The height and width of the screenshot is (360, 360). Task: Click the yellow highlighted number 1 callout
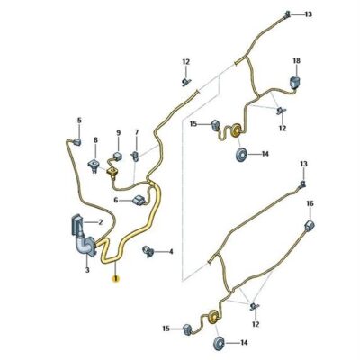point(115,279)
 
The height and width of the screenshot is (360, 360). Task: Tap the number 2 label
point(101,222)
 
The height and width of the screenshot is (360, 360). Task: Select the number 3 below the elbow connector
point(87,270)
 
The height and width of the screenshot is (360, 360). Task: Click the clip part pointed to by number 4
point(148,251)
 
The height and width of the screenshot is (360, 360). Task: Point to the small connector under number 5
point(76,142)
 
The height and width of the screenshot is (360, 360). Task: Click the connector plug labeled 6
point(139,200)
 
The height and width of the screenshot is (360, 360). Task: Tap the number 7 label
point(137,132)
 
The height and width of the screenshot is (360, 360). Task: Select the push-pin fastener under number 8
point(94,165)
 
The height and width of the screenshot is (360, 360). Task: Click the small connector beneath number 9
point(117,156)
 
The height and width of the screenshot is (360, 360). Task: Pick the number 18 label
point(296,61)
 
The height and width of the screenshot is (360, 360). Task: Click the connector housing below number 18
point(295,83)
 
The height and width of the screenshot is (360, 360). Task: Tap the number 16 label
point(310,203)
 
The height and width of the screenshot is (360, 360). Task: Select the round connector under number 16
point(310,226)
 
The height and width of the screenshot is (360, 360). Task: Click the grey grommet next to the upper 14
point(241,155)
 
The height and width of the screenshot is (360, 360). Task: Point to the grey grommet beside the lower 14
point(219,343)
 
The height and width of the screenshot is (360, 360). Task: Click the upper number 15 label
point(193,123)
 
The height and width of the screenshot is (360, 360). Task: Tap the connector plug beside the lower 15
point(188,329)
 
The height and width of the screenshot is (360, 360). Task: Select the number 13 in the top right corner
point(308,14)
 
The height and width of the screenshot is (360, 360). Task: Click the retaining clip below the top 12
point(187,81)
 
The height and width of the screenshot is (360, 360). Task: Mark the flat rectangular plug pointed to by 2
point(76,224)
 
